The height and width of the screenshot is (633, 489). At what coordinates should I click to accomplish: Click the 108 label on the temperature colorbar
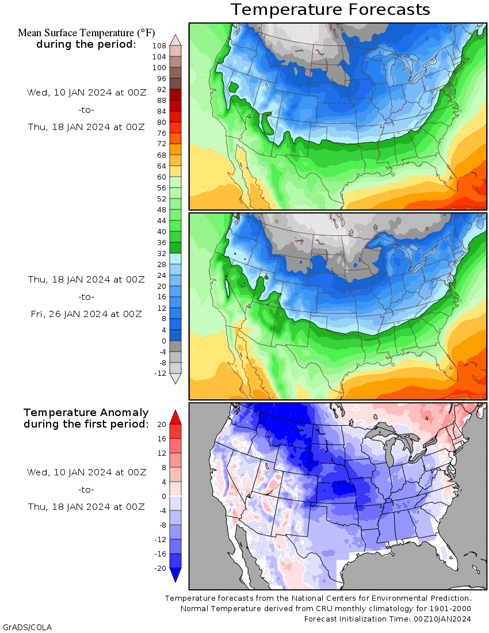coord(159,45)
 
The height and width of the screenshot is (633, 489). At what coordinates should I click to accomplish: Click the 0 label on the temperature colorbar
coord(163,341)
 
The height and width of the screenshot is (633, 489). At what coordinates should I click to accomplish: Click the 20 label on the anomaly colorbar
coord(161,424)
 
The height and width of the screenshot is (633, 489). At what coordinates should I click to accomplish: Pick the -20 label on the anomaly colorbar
coord(160,568)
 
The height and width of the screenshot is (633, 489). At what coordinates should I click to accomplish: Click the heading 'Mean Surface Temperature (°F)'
coord(86,33)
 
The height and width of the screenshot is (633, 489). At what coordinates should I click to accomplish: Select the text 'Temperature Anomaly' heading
coord(86,413)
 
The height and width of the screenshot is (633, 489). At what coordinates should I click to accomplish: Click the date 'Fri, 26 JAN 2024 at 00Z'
coord(86,314)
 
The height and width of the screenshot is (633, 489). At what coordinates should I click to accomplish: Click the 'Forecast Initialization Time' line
coord(387,619)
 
